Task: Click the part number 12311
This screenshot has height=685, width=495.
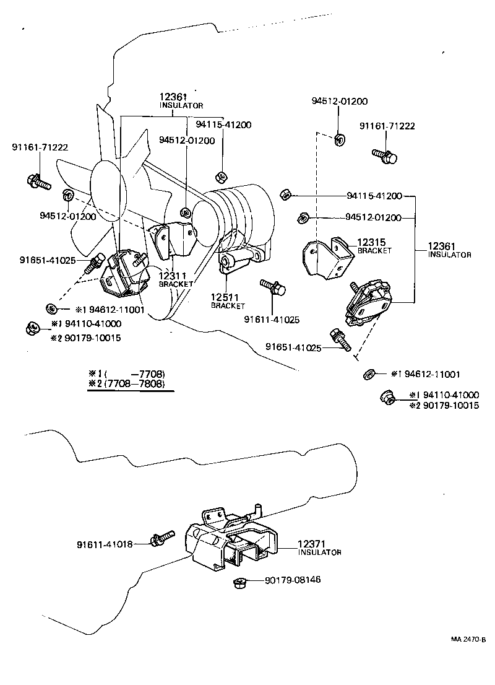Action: pos(173,276)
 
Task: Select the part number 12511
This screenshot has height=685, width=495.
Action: pos(224,297)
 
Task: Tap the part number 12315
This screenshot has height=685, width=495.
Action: pos(371,242)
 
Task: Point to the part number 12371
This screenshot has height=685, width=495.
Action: pos(312,543)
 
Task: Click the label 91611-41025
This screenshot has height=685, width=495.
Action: pos(272,320)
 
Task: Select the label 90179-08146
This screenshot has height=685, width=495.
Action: pos(293,580)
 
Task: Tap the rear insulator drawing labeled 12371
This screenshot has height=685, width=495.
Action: pos(232,539)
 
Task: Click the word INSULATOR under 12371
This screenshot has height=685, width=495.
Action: pos(319,552)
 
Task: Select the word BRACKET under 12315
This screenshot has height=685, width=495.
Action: pos(374,251)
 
